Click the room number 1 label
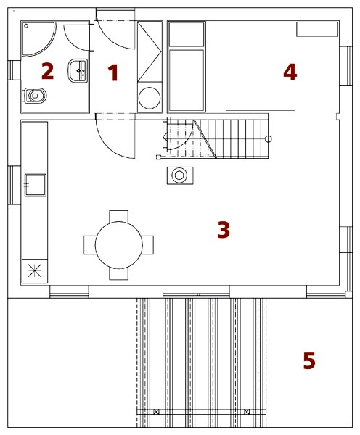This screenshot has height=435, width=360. (x=113, y=72)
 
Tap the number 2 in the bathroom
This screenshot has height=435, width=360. (x=47, y=71)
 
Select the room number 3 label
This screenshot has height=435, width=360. (x=224, y=230)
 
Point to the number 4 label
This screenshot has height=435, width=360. (x=290, y=72)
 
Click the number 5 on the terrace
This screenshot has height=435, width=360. (x=309, y=360)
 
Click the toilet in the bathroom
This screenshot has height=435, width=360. (x=34, y=96)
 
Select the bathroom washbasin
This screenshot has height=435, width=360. (x=78, y=71)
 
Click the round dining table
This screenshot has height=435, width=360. (x=118, y=245)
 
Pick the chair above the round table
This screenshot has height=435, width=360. (x=118, y=216)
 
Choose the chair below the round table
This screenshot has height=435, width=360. (x=118, y=273)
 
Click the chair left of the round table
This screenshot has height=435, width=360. (x=90, y=245)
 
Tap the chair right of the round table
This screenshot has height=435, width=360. (x=148, y=245)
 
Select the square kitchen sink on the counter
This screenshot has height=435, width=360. (x=36, y=186)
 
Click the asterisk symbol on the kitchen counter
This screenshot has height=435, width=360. (x=35, y=270)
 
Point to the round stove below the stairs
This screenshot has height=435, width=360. (x=180, y=175)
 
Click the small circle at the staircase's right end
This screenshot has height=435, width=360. (x=269, y=138)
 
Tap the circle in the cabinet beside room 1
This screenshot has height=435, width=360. (x=150, y=98)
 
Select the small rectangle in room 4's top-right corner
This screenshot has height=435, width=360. (x=317, y=29)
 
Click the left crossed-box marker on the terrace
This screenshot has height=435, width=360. (x=156, y=412)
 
